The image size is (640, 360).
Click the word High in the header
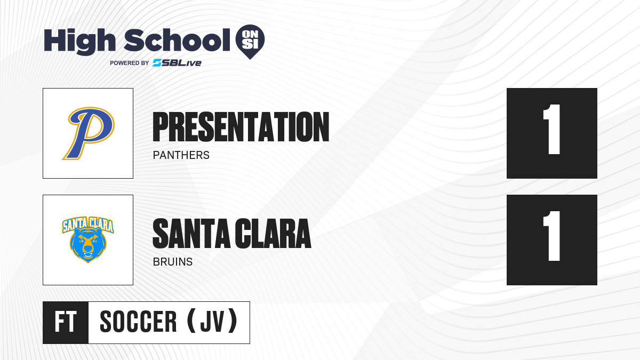click(x=79, y=41)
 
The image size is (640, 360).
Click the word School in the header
click(x=177, y=40)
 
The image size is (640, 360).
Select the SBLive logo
click(x=177, y=63)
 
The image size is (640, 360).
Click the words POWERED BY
click(x=130, y=63)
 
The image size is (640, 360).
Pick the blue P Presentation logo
click(x=89, y=133)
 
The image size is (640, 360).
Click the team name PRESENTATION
click(x=241, y=127)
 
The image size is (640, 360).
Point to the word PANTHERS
click(x=181, y=155)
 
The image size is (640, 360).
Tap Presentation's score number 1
click(x=552, y=130)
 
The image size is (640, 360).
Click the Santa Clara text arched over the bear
click(x=88, y=225)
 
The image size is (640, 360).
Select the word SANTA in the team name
click(x=191, y=234)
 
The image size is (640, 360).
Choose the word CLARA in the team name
click(x=273, y=234)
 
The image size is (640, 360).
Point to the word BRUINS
click(x=173, y=262)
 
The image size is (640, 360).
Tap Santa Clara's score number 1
click(x=552, y=236)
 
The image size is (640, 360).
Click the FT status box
click(x=66, y=323)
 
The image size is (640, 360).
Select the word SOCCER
click(x=138, y=322)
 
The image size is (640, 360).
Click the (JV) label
click(x=212, y=321)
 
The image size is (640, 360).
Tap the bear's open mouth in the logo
click(x=88, y=254)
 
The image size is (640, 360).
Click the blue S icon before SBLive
click(x=157, y=63)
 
